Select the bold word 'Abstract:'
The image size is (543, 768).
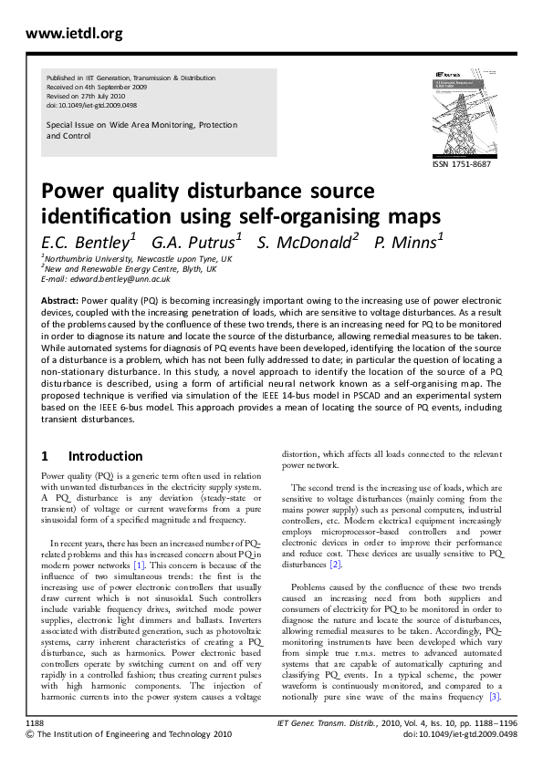[x=61, y=299]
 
